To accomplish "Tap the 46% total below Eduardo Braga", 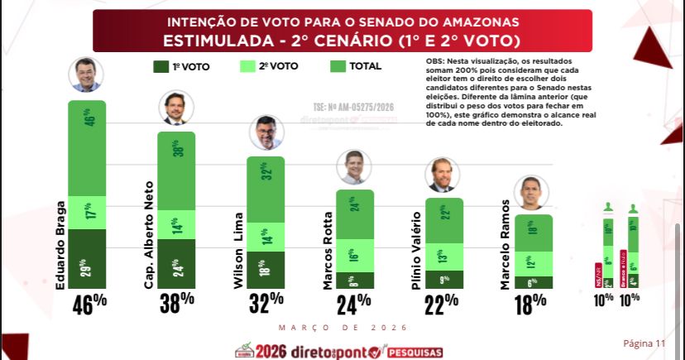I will [87, 302].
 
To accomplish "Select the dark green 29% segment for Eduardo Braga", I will [87, 259].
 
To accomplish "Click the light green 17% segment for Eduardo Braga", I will [87, 213].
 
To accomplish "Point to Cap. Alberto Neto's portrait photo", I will [176, 108].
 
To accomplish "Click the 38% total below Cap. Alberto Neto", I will [176, 302].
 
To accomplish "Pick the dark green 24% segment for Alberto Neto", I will [176, 264].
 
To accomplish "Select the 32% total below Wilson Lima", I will [266, 302].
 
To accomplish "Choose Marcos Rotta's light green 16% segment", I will [355, 255].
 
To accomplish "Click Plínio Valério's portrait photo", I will [444, 175].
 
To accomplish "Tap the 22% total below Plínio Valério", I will [444, 302].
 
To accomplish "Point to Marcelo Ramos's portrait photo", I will [534, 193].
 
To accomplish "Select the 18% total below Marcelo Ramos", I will [534, 302].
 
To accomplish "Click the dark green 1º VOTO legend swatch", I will [160, 67].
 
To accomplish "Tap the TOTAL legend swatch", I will [338, 67].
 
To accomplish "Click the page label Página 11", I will [643, 343].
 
